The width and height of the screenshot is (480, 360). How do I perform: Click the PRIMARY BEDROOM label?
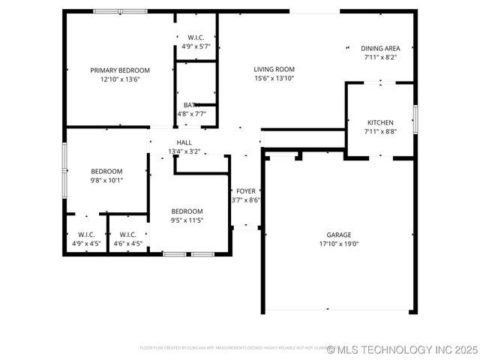tap(120, 70)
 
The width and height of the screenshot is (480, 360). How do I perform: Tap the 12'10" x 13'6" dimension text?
tap(120, 79)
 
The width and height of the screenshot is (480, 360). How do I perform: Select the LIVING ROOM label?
tap(274, 69)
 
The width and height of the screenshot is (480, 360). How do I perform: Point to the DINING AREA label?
tap(380, 48)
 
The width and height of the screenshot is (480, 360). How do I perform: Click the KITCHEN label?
tap(380, 122)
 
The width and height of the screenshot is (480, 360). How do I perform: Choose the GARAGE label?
tap(338, 235)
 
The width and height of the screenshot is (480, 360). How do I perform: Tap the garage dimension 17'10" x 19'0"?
tap(338, 244)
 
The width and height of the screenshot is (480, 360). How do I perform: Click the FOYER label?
tap(245, 191)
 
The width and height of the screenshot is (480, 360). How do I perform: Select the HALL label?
tap(184, 142)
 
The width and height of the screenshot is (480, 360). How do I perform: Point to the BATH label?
tap(191, 105)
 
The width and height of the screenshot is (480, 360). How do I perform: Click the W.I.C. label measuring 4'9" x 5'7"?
tap(196, 37)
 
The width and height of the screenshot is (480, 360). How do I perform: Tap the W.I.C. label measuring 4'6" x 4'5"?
tap(127, 234)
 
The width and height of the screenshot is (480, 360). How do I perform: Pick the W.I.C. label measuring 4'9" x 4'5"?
tap(86, 234)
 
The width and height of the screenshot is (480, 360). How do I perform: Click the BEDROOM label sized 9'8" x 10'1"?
tap(106, 171)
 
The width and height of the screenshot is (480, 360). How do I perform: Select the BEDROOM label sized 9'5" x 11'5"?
tap(187, 211)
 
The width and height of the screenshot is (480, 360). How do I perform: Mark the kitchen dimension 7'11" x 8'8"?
tap(380, 131)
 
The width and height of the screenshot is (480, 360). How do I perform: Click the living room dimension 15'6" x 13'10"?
tap(274, 78)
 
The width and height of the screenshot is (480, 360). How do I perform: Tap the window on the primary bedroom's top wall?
tap(120, 11)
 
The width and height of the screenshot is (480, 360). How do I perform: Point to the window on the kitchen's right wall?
tap(415, 118)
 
